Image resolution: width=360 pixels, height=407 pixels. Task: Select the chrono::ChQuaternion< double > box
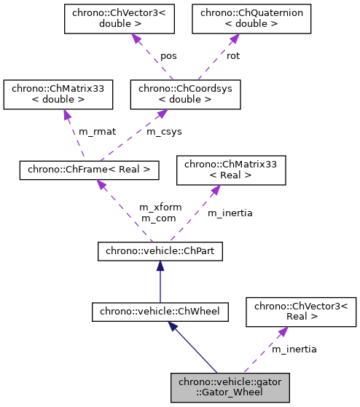click(237, 18)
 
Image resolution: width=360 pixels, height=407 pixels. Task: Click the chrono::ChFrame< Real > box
click(88, 170)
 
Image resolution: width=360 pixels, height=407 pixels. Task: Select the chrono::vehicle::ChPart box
click(160, 252)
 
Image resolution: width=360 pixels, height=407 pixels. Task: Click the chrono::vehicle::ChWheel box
click(160, 312)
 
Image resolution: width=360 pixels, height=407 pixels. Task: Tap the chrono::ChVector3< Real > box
click(301, 312)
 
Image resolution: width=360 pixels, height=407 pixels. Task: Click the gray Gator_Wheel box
click(230, 386)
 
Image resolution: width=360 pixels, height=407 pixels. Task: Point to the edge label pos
click(168, 56)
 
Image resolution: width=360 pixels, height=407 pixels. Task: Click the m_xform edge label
click(160, 208)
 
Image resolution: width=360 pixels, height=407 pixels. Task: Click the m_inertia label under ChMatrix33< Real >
click(230, 213)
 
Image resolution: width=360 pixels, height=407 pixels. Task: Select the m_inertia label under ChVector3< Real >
click(294, 349)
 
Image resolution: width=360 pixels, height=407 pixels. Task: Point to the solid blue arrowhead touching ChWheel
click(176, 328)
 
